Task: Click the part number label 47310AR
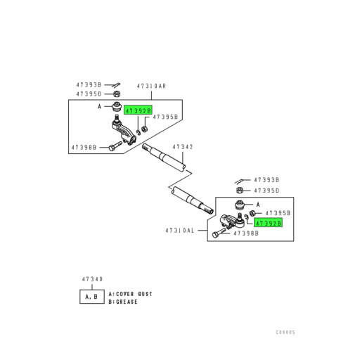tap(151, 86)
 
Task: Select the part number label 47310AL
tap(180, 231)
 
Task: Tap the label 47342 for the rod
tap(183, 147)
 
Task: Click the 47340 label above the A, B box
tap(92, 279)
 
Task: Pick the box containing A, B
tap(92, 297)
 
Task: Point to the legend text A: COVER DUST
tap(130, 294)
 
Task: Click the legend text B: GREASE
tap(123, 302)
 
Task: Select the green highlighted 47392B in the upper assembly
tap(138, 110)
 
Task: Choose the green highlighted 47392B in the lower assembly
tap(268, 223)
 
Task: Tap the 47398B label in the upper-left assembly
tap(84, 148)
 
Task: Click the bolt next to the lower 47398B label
tap(219, 233)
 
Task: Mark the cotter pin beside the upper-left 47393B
tap(116, 84)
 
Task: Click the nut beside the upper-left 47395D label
tap(117, 94)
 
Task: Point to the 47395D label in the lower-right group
tap(266, 191)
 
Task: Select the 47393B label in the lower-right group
tap(266, 180)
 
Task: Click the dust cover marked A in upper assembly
tap(117, 106)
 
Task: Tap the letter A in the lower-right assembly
tap(258, 205)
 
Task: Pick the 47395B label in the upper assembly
tap(165, 117)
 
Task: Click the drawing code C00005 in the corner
tap(285, 332)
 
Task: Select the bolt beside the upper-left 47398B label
tap(115, 146)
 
